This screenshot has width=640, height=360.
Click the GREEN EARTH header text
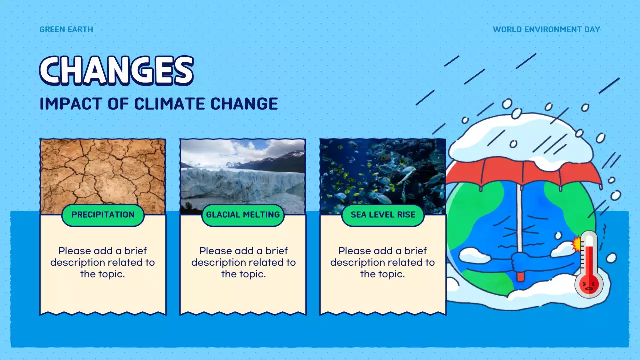point(66,29)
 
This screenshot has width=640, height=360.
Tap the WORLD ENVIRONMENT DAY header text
point(546,29)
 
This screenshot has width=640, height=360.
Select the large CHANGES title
point(117,70)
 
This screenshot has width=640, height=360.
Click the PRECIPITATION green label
point(103,215)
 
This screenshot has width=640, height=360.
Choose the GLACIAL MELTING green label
point(243,215)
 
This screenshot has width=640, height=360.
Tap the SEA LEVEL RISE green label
point(383,215)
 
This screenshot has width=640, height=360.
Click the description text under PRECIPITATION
point(103,262)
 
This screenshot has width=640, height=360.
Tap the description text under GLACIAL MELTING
point(243,262)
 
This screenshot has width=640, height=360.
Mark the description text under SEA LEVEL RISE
point(383,262)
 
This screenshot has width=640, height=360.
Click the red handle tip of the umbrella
point(521,276)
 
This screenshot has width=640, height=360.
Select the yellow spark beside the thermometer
point(577,244)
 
